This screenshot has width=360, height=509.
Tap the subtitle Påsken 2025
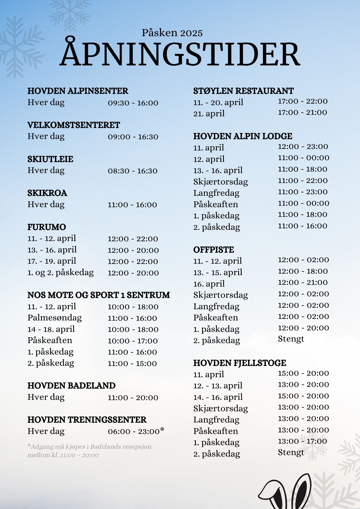point(172,33)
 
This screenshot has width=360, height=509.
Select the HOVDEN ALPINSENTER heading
point(78,91)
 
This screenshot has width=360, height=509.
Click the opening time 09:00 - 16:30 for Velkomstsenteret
point(133,137)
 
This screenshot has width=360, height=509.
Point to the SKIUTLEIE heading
point(50,159)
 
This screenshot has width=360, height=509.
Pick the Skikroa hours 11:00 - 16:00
point(132,205)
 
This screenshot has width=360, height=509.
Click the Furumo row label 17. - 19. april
point(52,261)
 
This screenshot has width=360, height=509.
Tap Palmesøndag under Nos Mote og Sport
point(54,318)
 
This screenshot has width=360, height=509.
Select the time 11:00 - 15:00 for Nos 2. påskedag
point(132,364)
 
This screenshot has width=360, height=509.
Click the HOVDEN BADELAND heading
point(71,386)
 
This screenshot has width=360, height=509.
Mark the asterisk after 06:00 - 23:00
point(162,430)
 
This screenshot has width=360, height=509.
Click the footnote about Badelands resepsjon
point(89,451)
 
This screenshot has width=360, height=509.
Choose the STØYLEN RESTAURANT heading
point(243,91)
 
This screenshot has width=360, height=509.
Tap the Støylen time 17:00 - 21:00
point(302,112)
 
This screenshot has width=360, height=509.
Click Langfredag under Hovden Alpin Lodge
point(216,193)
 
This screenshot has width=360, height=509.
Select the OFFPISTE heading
point(213,250)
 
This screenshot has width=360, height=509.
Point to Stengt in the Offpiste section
point(291,339)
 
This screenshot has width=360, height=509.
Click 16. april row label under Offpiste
point(209,284)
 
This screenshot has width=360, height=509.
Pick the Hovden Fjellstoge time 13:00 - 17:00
point(302,441)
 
